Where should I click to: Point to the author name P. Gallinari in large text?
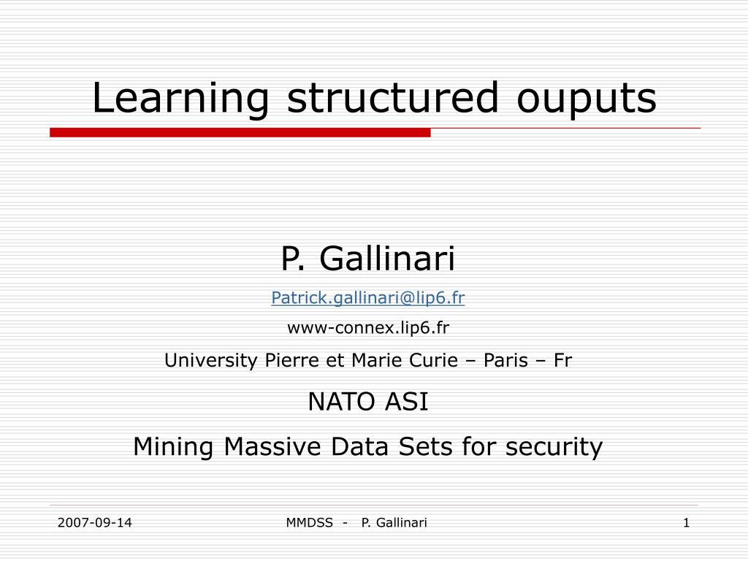point(368,257)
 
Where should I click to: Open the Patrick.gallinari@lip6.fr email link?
point(368,297)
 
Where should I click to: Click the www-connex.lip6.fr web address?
point(368,328)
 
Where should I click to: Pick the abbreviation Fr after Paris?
point(562,360)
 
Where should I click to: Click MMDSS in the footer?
point(307,522)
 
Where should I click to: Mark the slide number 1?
point(687,522)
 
